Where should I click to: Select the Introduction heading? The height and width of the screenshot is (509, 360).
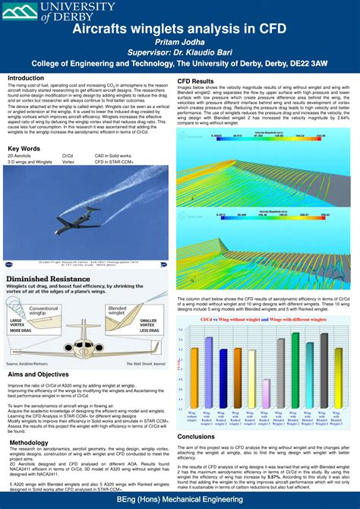[x=26, y=78]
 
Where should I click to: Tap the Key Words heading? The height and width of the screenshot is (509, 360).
[x=24, y=148]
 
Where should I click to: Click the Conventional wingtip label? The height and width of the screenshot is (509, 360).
[x=44, y=311]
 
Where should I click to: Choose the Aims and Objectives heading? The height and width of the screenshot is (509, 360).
[x=38, y=375]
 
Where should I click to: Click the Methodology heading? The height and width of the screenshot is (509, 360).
[x=29, y=442]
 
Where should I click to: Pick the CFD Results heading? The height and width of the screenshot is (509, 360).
[x=195, y=81]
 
